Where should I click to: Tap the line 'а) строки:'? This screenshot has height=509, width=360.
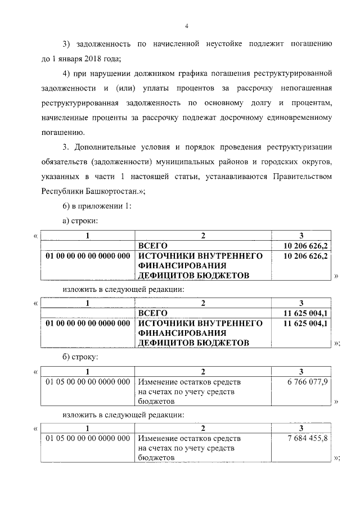tap(81, 222)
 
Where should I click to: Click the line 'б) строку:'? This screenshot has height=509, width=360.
tap(81, 357)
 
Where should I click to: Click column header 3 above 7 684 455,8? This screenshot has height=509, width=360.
tap(301, 428)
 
